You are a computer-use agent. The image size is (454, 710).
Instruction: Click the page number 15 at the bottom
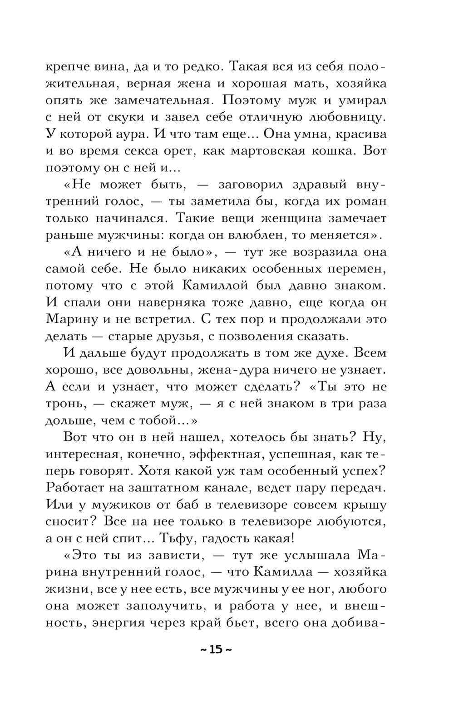coord(216,649)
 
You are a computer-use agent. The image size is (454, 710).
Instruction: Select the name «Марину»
coord(70,320)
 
